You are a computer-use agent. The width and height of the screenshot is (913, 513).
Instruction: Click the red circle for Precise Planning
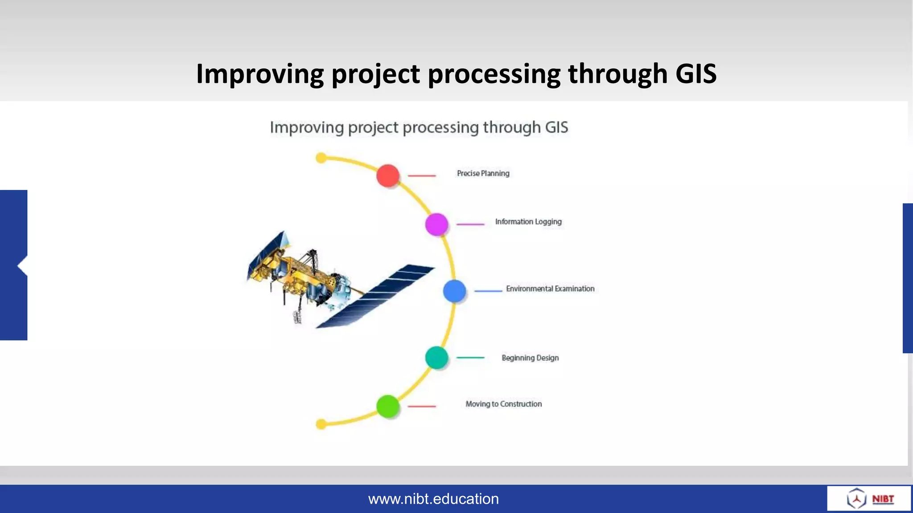click(388, 175)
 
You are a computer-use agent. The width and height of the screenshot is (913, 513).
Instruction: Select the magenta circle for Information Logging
click(436, 224)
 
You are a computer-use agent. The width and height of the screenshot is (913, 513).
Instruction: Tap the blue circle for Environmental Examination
click(454, 291)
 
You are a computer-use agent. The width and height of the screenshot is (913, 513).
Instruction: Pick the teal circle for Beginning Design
click(436, 358)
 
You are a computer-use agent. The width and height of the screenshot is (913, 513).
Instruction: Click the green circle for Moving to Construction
click(387, 406)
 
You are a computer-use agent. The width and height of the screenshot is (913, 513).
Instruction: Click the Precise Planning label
click(483, 173)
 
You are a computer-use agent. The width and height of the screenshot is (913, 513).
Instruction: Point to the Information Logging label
click(528, 222)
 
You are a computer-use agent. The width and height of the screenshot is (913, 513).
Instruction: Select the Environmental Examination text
click(550, 289)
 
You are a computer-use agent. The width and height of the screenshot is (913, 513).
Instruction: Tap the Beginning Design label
click(530, 358)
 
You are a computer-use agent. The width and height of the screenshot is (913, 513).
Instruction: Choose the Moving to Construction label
click(504, 404)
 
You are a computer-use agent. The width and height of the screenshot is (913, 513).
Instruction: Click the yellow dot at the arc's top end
click(321, 158)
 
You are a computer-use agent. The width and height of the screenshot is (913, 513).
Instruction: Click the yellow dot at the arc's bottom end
click(321, 424)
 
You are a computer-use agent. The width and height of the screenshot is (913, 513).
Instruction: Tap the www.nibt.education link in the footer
click(433, 499)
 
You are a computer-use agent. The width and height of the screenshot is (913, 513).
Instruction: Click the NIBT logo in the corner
click(869, 498)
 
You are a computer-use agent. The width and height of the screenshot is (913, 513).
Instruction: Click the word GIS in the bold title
click(696, 73)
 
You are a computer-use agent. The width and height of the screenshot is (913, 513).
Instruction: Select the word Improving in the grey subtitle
click(307, 127)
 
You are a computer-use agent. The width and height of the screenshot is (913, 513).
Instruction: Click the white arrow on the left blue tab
click(23, 266)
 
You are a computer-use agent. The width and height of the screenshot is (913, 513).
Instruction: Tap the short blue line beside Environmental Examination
click(488, 291)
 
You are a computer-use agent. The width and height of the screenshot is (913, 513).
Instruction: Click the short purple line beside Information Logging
click(470, 224)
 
